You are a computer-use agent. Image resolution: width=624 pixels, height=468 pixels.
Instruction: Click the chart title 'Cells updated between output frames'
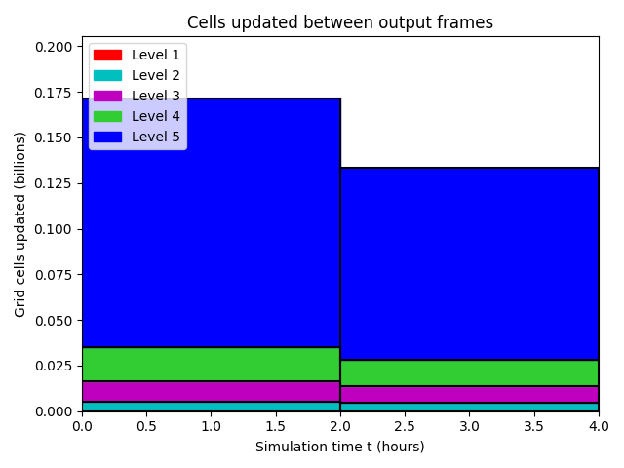[x=340, y=22]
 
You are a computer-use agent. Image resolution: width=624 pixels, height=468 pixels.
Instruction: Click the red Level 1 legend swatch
[x=107, y=55]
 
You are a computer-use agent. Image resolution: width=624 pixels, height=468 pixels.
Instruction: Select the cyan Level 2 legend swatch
[x=107, y=76]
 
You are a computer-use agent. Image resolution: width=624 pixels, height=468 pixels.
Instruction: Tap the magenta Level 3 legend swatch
[x=107, y=96]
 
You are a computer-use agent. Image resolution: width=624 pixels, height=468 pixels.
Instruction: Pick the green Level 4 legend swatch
[x=107, y=117]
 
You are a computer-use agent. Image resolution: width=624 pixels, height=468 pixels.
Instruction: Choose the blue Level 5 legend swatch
[x=107, y=136]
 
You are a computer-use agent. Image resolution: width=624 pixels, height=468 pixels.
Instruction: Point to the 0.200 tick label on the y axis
[x=54, y=47]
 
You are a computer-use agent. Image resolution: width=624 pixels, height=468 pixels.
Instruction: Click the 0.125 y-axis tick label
[x=54, y=184]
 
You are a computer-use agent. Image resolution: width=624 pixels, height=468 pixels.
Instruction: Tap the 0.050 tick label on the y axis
[x=54, y=321]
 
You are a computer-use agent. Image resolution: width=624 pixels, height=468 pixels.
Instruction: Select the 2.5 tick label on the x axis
[x=405, y=427]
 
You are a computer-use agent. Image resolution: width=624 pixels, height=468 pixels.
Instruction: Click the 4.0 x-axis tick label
[x=599, y=427]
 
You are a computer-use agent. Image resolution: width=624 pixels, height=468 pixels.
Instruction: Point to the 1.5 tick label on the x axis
[x=275, y=427]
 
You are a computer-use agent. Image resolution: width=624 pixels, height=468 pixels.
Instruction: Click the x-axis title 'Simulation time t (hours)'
[x=340, y=447]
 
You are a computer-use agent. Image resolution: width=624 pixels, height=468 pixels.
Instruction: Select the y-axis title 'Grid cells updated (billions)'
[x=19, y=224]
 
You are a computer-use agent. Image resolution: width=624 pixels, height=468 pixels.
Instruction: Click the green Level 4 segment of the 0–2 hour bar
[x=211, y=364]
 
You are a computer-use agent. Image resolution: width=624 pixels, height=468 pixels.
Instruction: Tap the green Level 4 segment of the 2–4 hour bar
[x=470, y=372]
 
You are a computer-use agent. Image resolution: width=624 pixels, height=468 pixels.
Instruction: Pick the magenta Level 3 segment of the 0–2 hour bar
[x=211, y=392]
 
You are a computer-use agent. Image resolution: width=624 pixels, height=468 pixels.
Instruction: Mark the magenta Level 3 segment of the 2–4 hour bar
[x=470, y=394]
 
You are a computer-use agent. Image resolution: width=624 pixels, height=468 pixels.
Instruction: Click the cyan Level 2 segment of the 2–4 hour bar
[x=470, y=408]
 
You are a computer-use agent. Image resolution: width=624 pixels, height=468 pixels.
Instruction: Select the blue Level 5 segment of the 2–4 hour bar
[x=470, y=264]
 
